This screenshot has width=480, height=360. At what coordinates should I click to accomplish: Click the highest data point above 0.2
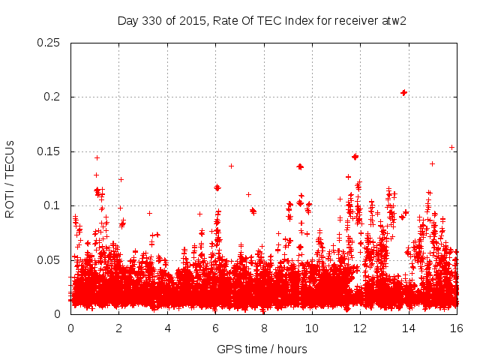click(x=404, y=92)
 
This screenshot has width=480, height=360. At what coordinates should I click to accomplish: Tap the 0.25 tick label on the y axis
click(x=49, y=43)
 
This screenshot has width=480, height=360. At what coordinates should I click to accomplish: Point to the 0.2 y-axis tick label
click(x=54, y=97)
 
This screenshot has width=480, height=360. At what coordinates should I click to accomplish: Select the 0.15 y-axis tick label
click(x=49, y=151)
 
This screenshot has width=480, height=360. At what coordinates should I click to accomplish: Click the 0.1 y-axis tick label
click(x=54, y=205)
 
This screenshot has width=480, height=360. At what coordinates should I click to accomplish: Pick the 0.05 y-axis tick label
click(x=49, y=260)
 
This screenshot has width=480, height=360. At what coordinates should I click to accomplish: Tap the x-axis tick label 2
click(x=119, y=328)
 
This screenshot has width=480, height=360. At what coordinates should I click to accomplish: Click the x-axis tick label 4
click(x=167, y=328)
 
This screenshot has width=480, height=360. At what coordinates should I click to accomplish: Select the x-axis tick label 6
click(x=216, y=328)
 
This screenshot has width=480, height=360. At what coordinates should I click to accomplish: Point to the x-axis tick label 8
click(x=264, y=328)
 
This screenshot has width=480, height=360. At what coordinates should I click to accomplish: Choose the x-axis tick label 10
click(x=312, y=328)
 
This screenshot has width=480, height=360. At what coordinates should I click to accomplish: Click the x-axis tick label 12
click(x=361, y=328)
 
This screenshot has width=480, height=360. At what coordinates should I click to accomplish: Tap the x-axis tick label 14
click(x=409, y=328)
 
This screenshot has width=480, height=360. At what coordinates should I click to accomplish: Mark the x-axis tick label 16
click(x=457, y=328)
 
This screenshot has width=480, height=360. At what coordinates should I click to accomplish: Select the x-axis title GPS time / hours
click(x=262, y=349)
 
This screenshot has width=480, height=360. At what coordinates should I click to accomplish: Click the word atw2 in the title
click(x=393, y=20)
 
